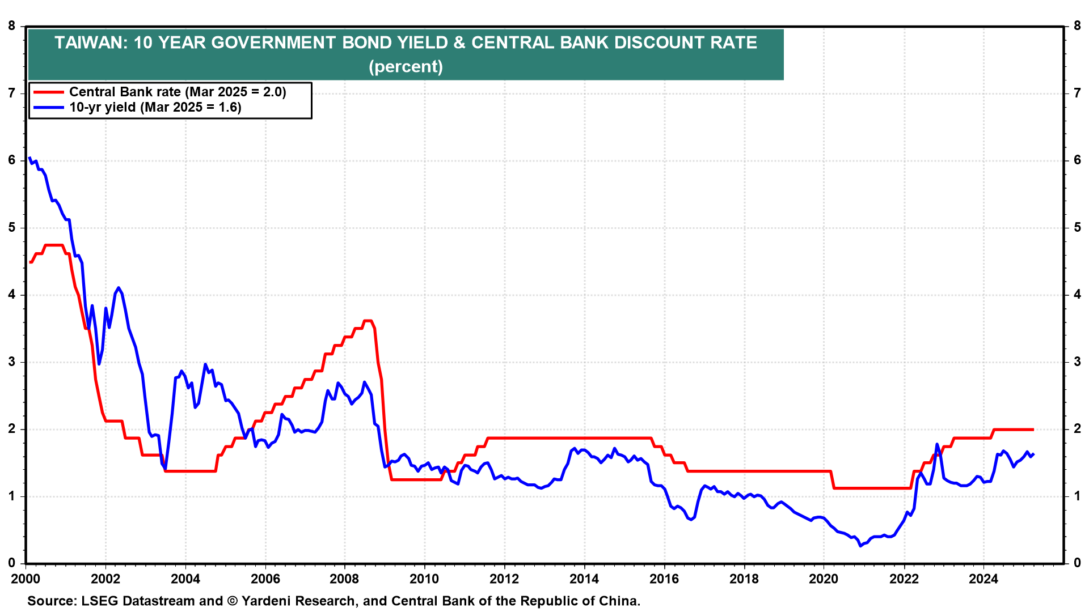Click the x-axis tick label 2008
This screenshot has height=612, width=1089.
pos(345,579)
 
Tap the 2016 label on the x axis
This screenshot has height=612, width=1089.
pos(664,579)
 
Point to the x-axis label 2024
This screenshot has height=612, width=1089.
pos(983,579)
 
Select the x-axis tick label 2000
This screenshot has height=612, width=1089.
pos(26,579)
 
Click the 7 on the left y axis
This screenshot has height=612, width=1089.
pos(12,93)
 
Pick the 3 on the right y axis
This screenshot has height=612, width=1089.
pos(1077,362)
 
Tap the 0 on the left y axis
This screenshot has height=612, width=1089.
pos(12,563)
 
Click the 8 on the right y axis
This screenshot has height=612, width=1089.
pos(1077,26)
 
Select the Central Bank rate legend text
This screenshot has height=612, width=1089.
pos(178,92)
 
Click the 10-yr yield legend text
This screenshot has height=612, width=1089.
pos(155,107)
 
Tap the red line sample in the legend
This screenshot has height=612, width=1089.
pos(49,92)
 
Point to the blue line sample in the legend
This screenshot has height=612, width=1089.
pos(49,107)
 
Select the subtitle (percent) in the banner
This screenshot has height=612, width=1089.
pos(406,67)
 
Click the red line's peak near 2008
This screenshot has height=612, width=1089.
pos(368,321)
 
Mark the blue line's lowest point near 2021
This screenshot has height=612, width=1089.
pos(860,546)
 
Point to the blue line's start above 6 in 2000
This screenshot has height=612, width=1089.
pos(29,158)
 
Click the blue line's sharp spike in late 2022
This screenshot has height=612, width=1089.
pos(936,444)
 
